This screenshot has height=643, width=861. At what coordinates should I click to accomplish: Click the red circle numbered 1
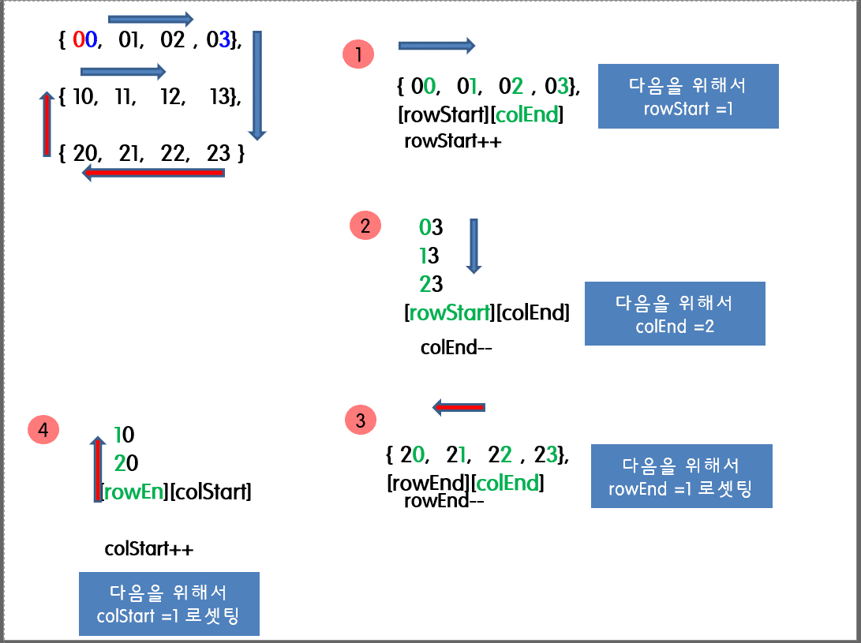point(359,54)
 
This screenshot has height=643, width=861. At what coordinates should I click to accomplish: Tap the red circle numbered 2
point(365,226)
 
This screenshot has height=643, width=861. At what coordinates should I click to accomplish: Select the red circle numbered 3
point(361,421)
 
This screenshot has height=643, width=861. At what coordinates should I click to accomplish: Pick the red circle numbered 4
point(43,429)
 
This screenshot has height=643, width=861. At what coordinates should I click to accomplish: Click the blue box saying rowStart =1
point(688,96)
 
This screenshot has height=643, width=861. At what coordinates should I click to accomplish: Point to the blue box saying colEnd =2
point(675,313)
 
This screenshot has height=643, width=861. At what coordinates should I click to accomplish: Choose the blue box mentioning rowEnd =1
point(681,477)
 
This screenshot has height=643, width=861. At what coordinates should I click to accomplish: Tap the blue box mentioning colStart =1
point(169,604)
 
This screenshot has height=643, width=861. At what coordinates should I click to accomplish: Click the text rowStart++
point(452,142)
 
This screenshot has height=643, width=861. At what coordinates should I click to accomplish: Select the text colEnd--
point(456,347)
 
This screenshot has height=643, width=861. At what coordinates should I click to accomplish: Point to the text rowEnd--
point(443,501)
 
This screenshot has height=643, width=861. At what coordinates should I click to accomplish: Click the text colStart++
point(148,549)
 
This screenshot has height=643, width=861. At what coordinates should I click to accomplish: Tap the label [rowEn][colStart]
point(176,492)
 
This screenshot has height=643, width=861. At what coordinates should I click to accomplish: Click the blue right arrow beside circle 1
point(436,46)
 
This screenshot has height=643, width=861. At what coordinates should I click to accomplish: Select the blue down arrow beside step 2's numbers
point(474,245)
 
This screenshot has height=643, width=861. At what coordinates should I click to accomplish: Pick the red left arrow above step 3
point(458,407)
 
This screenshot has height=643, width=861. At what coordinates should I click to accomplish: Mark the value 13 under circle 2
point(429,256)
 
